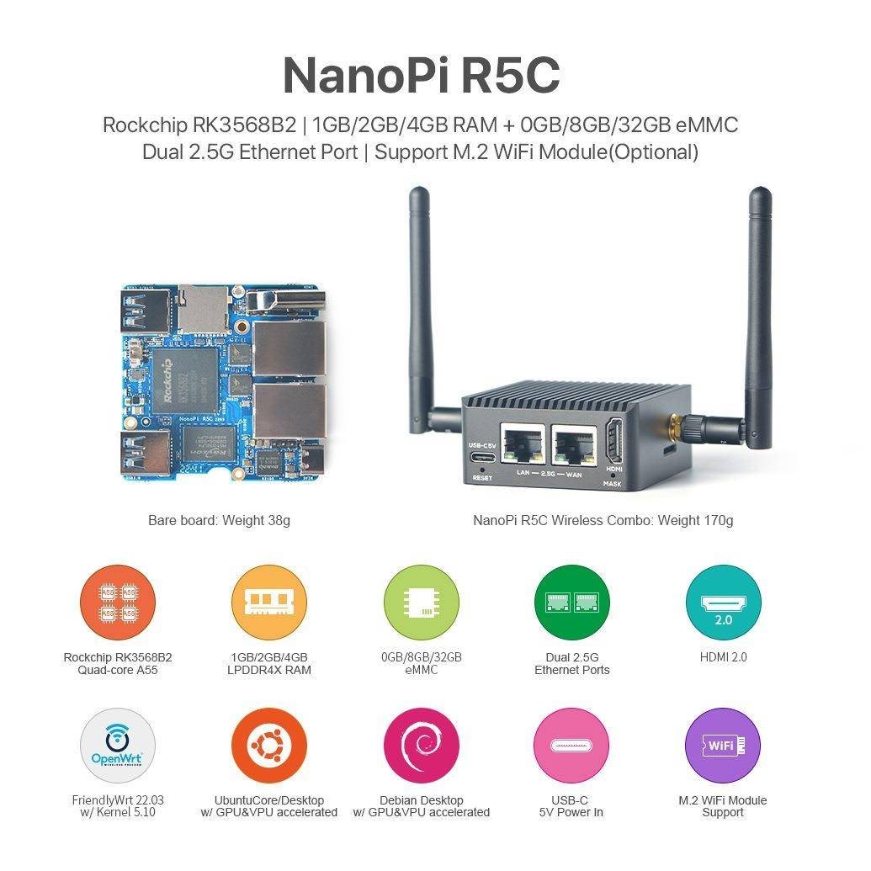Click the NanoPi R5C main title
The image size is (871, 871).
click(421, 75)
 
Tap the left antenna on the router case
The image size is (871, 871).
click(421, 311)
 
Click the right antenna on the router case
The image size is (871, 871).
click(759, 311)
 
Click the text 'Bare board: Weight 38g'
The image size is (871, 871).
click(219, 520)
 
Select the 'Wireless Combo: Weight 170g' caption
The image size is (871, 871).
click(603, 520)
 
